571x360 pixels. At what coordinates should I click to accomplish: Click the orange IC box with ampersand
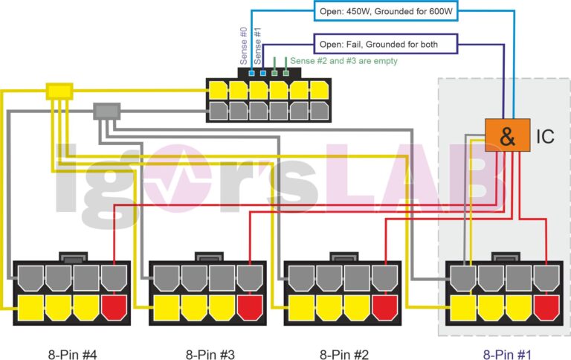(x=508, y=135)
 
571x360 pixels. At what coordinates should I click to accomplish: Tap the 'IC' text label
(x=546, y=136)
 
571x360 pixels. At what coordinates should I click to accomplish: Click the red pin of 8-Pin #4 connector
(x=114, y=306)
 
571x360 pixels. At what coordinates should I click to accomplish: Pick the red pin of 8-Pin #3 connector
(x=250, y=306)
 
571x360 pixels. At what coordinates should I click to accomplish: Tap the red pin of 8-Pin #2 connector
(x=385, y=306)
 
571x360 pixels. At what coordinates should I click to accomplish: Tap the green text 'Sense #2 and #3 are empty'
(x=343, y=61)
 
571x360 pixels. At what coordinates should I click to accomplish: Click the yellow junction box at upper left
(x=59, y=91)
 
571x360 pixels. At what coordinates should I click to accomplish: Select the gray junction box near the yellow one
(x=106, y=112)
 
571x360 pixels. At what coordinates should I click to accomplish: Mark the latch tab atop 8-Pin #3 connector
(x=207, y=257)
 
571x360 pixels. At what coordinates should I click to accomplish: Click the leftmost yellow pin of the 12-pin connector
(x=218, y=91)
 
